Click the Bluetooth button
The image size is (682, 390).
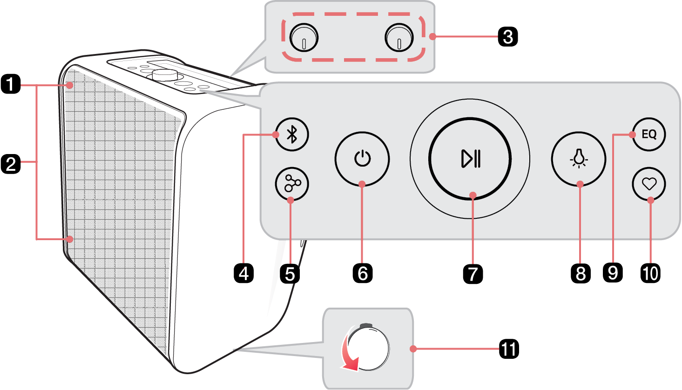[292, 134]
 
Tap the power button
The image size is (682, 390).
[362, 159]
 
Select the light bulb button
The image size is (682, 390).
[579, 159]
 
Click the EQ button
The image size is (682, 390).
[649, 134]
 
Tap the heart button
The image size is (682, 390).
[649, 184]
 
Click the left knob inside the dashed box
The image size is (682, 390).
[304, 38]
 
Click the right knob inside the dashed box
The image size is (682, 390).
[399, 38]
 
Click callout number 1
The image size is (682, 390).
[11, 85]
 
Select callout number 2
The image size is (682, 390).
[11, 164]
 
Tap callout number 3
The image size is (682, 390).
[507, 36]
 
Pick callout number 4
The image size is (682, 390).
[243, 273]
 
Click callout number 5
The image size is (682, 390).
[290, 273]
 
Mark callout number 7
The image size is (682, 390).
[473, 273]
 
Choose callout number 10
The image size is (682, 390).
[650, 273]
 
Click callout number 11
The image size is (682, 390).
[508, 349]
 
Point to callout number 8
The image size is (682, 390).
[580, 273]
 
